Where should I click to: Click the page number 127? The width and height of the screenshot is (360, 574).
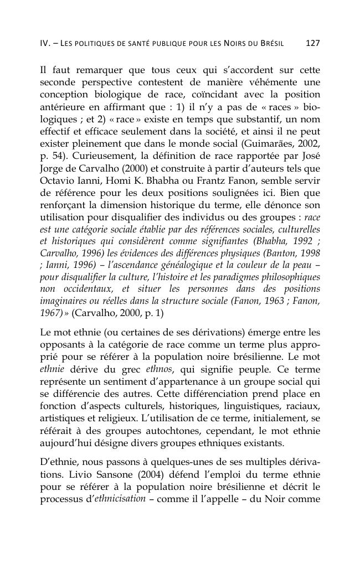[x=313, y=43]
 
